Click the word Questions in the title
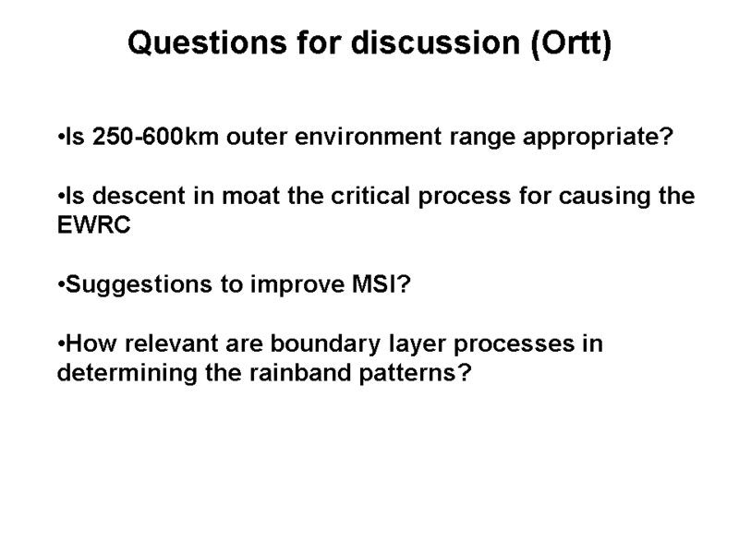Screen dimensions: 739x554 coord(207,43)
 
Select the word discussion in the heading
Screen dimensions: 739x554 coord(435,42)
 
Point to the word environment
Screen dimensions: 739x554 coord(369,137)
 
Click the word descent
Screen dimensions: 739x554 coord(139,196)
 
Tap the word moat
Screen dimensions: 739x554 coord(250,197)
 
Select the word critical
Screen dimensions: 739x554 coord(370,196)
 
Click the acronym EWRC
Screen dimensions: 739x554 coord(94,224)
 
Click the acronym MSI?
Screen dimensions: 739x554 coord(382,284)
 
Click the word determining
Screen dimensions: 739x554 coord(127,374)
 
